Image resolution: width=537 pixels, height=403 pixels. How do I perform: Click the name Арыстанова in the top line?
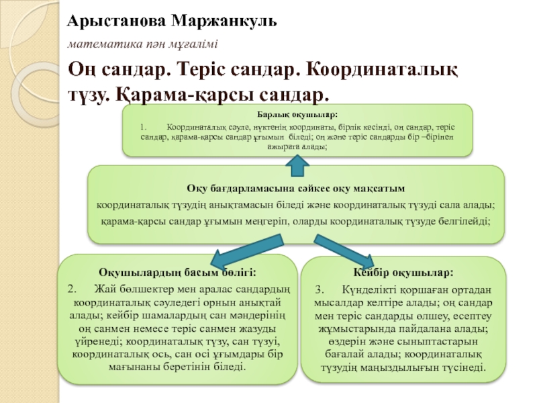115,20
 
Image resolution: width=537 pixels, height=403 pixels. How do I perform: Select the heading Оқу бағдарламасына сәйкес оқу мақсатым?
296,187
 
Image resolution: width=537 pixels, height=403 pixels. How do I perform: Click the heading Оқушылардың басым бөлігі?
177,273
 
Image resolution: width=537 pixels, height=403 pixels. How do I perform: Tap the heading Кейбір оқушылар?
403,273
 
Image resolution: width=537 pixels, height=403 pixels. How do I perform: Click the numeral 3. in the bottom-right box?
320,289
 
